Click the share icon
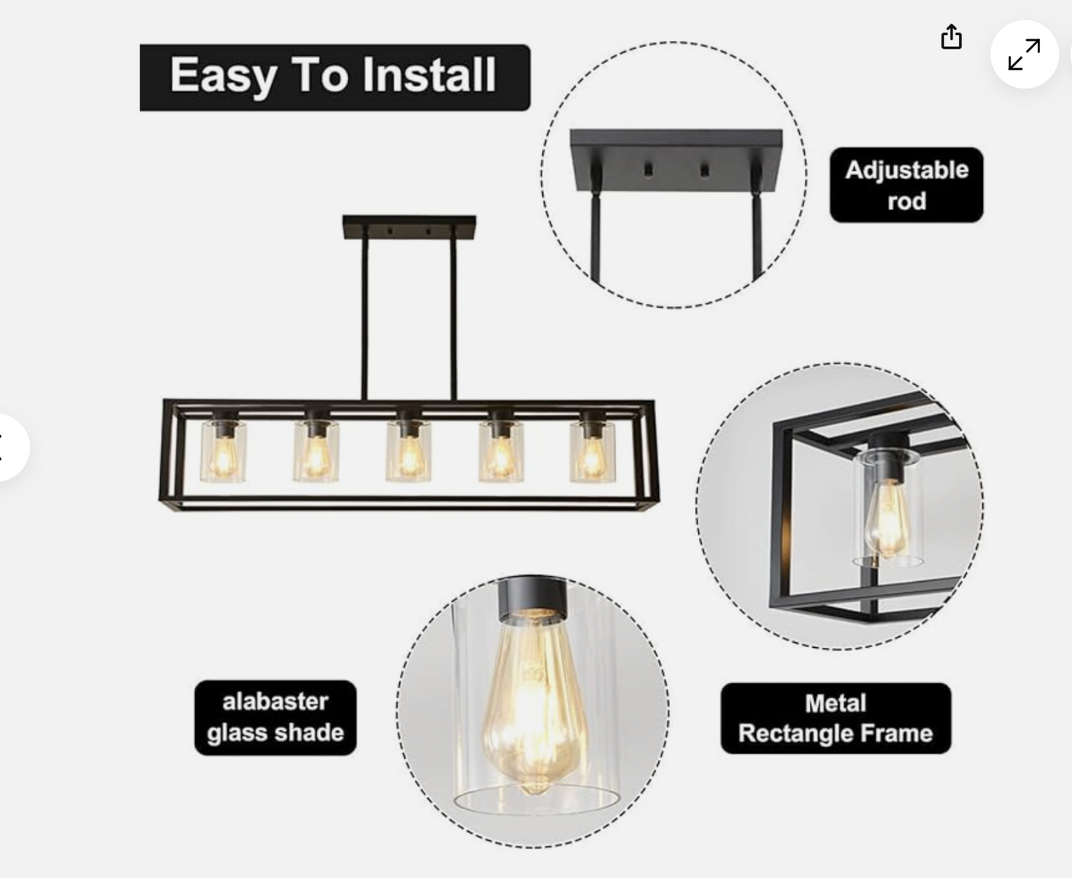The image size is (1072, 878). [951, 36]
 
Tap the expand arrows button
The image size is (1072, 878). [1025, 54]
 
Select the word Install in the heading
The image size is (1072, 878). [429, 75]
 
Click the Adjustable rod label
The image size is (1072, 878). [907, 185]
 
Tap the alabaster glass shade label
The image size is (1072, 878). [275, 718]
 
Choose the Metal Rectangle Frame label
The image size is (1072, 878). [835, 718]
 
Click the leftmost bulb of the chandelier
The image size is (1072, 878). [223, 457]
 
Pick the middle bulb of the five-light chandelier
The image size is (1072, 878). [409, 457]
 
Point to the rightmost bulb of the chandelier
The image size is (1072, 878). [592, 457]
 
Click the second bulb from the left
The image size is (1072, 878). [315, 457]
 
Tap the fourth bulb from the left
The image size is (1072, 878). [501, 457]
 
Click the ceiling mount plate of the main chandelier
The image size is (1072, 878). [410, 227]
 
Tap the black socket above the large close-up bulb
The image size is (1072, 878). [532, 599]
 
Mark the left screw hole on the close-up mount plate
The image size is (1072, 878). [648, 169]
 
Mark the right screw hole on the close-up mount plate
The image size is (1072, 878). [704, 169]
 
